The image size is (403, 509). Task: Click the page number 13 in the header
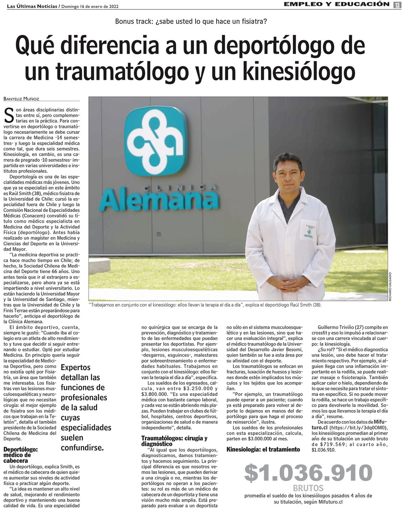397,5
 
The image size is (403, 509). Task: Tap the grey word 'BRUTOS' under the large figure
308,488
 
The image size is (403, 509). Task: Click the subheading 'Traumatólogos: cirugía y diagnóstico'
174,441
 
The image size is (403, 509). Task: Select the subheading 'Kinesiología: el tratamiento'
263,449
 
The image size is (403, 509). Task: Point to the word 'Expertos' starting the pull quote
76,368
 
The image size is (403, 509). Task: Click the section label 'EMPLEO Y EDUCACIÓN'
336,4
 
